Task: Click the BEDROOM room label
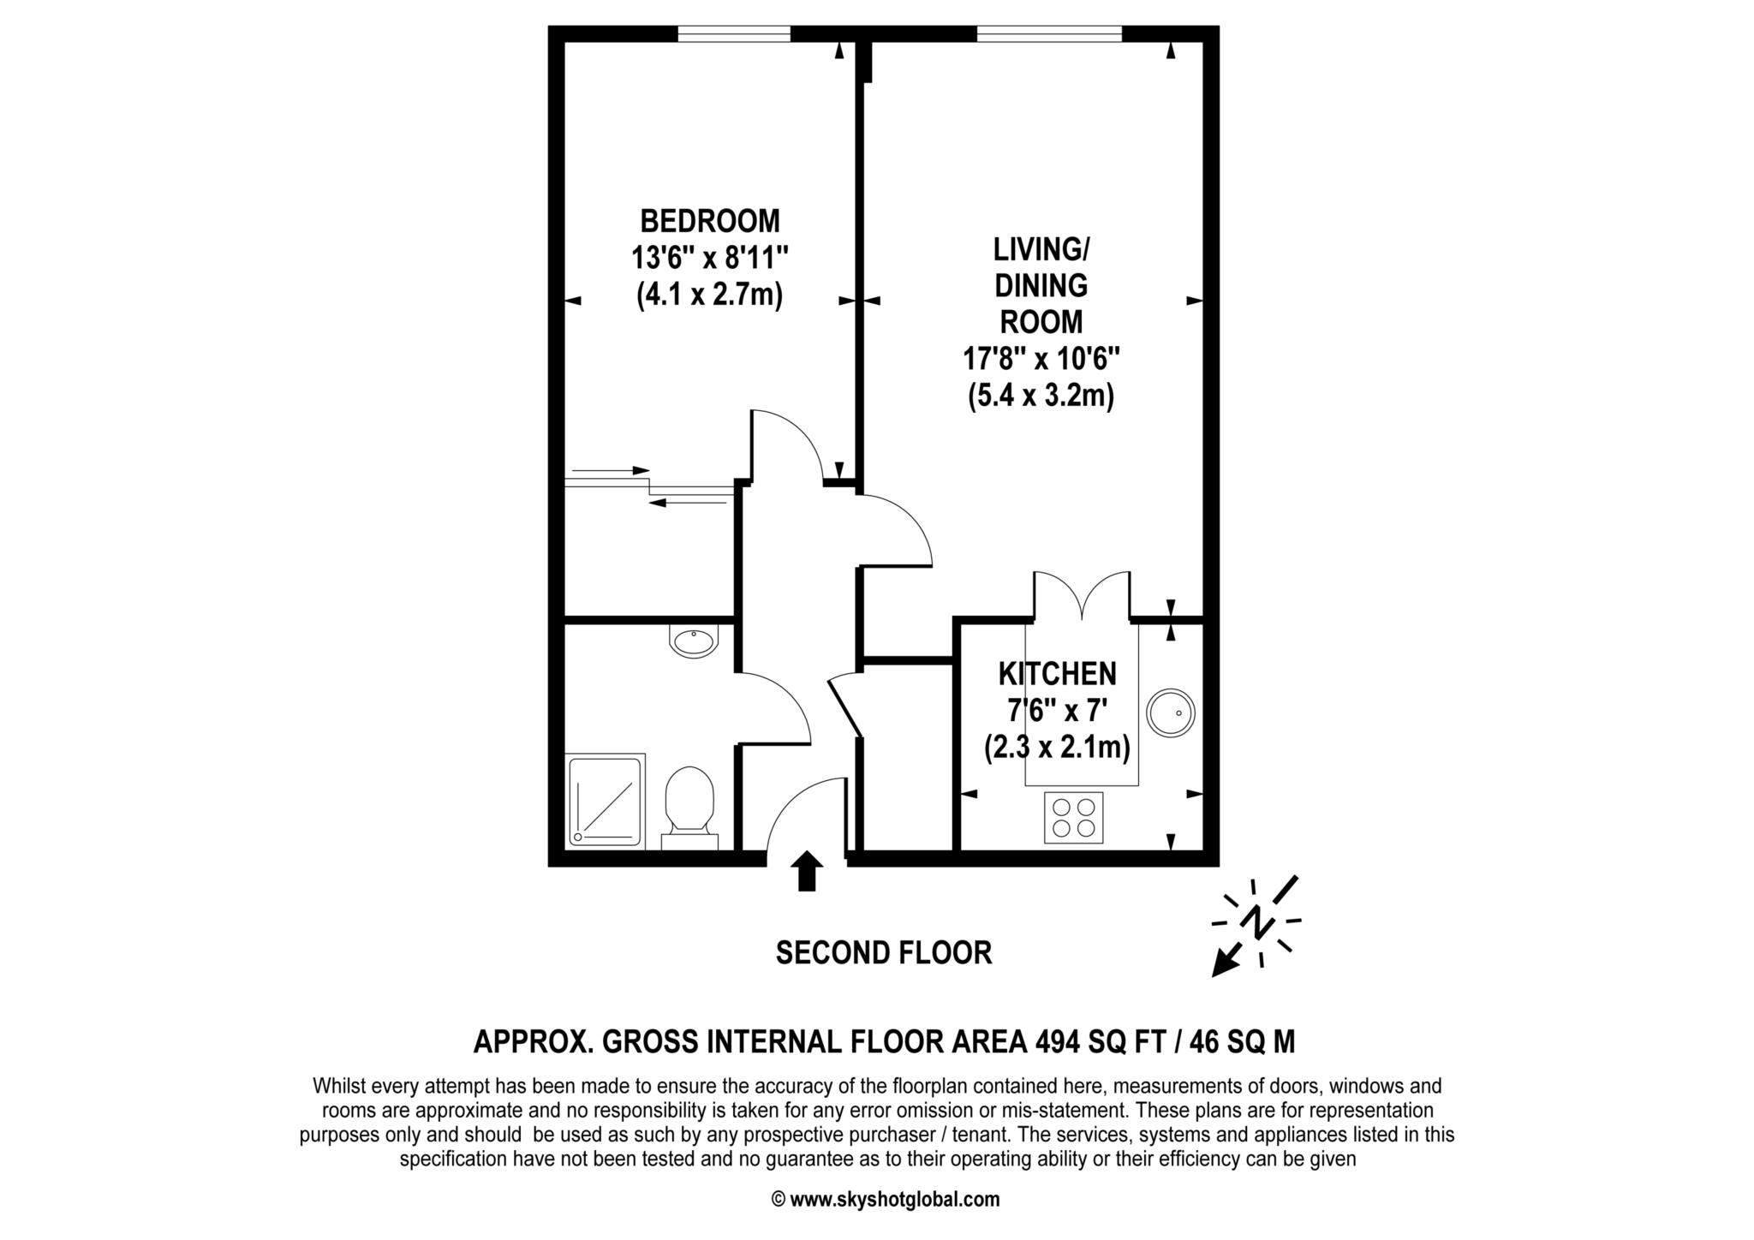click(710, 221)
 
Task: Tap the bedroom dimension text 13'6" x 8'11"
click(710, 258)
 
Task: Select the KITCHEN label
click(1057, 674)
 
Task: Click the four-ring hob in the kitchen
click(1073, 817)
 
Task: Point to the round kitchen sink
click(1170, 712)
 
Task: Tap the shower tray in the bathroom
click(606, 800)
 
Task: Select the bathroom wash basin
click(693, 641)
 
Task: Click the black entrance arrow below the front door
click(805, 871)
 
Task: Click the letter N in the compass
click(1256, 922)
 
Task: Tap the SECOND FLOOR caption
click(883, 953)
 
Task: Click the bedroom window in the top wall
click(733, 34)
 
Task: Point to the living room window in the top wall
click(1048, 34)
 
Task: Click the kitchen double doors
click(1082, 595)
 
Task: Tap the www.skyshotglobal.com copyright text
click(893, 1200)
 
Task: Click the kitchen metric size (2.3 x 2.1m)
click(1057, 748)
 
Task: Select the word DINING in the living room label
click(1041, 285)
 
